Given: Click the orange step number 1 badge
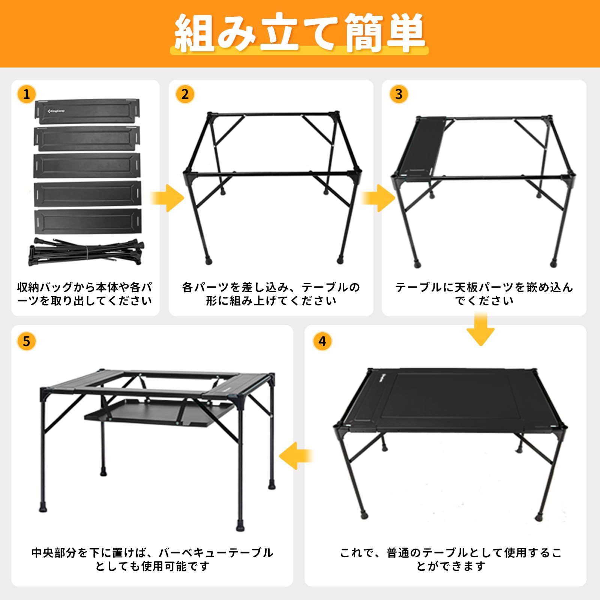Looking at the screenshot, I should [x=26, y=94].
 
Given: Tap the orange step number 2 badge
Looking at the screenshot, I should [x=185, y=94].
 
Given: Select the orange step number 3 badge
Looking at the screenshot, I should [x=399, y=94].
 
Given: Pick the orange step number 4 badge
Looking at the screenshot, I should [x=322, y=341].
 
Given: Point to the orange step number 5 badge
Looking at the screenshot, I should [x=26, y=341].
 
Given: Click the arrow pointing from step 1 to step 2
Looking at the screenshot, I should [x=168, y=198].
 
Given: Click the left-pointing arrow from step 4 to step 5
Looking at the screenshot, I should [x=295, y=456].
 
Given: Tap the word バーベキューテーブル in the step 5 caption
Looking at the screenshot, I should [x=216, y=553].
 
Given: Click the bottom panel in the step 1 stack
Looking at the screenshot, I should [x=88, y=221].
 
